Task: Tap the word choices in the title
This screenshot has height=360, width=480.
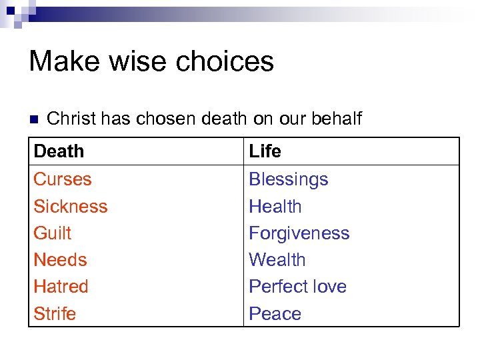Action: [226, 61]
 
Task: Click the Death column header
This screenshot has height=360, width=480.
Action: [59, 151]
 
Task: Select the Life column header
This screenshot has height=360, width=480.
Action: [265, 151]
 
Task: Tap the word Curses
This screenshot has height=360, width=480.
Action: [62, 179]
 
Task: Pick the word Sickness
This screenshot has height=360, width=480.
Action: [70, 207]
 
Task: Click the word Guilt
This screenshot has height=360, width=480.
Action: [52, 233]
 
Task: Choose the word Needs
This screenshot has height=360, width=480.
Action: [60, 260]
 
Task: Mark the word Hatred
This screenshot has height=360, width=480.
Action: [61, 287]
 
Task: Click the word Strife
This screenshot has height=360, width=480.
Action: [55, 313]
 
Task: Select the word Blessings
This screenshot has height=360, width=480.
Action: [288, 179]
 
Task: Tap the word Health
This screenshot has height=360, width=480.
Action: [275, 207]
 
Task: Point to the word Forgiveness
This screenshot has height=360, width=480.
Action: [299, 233]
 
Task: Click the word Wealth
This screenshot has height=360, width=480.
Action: [277, 260]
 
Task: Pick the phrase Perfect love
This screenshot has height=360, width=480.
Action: [297, 287]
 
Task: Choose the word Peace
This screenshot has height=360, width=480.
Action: [275, 313]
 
